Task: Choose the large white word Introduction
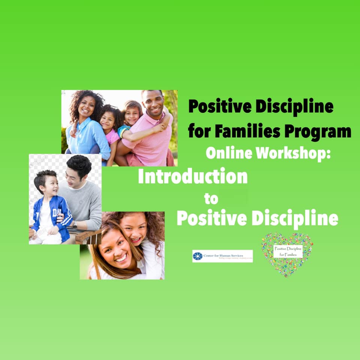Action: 193,176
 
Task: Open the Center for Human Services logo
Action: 222,256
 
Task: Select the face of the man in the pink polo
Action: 153,104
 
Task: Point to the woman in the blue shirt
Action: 87,127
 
